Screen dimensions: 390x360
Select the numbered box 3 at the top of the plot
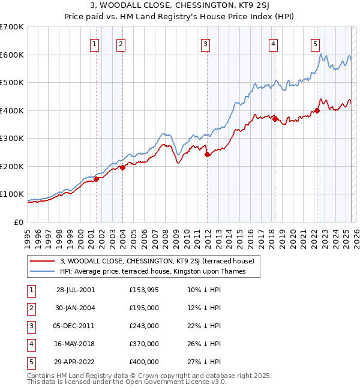click(x=206, y=43)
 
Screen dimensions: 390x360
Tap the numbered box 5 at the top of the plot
click(x=315, y=43)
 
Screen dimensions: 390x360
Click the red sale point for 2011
click(x=207, y=154)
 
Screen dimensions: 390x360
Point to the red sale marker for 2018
click(x=275, y=119)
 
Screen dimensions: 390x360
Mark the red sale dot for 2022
click(x=317, y=110)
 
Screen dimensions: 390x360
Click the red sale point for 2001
click(x=96, y=179)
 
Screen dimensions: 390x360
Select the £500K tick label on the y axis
click(x=12, y=83)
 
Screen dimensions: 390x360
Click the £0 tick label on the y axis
click(x=18, y=222)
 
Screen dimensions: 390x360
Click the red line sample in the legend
click(x=43, y=261)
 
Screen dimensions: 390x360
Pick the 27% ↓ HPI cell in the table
click(x=204, y=362)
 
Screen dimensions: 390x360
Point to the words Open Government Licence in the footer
click(x=184, y=382)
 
